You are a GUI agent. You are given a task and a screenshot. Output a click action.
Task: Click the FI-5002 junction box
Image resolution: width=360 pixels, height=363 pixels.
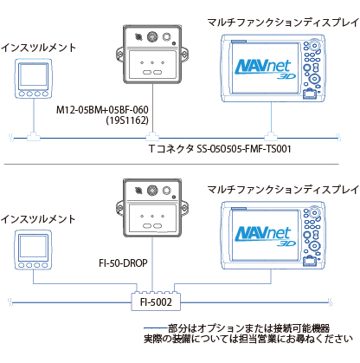[x=156, y=302]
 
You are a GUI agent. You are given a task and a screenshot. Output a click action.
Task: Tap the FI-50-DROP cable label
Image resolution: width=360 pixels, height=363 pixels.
[x=123, y=263]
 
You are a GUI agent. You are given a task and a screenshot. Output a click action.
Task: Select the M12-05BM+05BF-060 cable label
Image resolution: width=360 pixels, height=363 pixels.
[x=102, y=110]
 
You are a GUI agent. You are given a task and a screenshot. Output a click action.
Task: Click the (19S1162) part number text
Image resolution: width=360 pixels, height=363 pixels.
[x=127, y=120]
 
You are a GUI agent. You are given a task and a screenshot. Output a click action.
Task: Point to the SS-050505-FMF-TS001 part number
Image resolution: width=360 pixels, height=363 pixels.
[x=244, y=149]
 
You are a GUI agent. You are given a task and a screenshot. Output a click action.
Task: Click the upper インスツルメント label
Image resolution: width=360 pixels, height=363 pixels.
[x=38, y=48]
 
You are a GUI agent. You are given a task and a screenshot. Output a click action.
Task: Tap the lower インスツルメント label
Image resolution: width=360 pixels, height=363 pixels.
[x=38, y=219]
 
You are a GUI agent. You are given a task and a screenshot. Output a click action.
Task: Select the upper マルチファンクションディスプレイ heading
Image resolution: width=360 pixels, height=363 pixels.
[x=283, y=23]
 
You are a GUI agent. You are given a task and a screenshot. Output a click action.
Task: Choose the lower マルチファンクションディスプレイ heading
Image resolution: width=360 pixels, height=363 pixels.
[x=283, y=190]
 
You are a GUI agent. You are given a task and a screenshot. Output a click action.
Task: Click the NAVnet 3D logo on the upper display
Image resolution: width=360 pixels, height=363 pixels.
[x=264, y=68]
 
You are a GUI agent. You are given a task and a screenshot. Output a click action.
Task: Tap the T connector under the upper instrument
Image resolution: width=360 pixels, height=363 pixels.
[x=34, y=136]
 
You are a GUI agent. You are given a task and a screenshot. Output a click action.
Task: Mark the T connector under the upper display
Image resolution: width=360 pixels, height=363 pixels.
[x=271, y=136]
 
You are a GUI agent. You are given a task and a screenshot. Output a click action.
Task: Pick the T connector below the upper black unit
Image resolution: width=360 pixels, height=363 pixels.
[x=152, y=136]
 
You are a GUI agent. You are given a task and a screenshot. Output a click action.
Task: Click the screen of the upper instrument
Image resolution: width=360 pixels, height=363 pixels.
[x=34, y=75]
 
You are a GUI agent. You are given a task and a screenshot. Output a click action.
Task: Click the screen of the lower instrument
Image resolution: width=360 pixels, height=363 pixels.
[x=33, y=246]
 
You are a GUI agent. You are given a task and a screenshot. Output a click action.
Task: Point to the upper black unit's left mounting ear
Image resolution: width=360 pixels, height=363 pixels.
[x=119, y=54]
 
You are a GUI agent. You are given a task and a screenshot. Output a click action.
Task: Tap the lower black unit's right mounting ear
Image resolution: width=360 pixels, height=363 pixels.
[x=184, y=208]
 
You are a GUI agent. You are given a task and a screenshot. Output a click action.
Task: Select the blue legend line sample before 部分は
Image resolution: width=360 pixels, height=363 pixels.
[x=156, y=328]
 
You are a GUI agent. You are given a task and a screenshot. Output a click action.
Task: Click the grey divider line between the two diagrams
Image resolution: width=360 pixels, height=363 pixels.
[x=171, y=165]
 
